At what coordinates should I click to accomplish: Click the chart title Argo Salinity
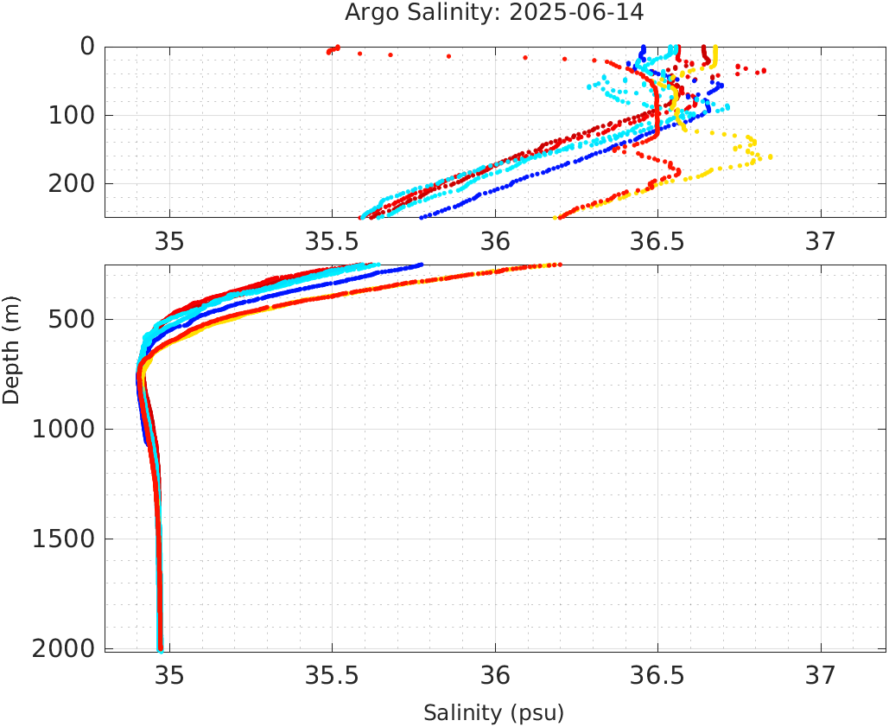[438, 13]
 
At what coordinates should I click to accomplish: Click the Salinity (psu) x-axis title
[493, 713]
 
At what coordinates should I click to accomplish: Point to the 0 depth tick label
[86, 47]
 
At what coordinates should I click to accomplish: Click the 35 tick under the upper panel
[169, 241]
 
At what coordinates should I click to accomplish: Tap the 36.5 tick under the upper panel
[657, 241]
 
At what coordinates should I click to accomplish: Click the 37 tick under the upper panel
[821, 241]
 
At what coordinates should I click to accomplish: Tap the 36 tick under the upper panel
[495, 241]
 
